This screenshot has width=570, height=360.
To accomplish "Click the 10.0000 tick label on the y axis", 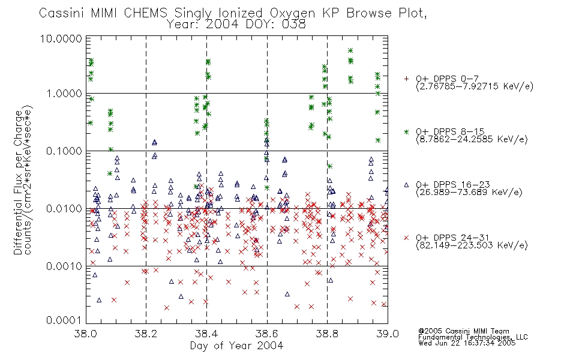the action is coord(61,38).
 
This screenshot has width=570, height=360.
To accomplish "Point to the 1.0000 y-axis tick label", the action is coord(64,94).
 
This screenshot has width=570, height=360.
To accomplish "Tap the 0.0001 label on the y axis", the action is coord(64,320).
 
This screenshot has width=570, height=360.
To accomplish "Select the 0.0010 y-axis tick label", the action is coord(64,266).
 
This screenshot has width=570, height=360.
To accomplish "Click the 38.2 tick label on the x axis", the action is coord(146,334).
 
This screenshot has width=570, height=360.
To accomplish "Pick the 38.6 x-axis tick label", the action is coord(267,334).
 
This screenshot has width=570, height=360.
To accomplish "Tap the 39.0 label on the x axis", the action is coord(388,334).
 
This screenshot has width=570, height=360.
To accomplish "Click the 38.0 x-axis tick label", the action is coord(86,334).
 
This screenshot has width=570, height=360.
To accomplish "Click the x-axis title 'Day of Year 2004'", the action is coord(236,346).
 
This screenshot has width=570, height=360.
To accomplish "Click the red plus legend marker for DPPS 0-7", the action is coord(406,79).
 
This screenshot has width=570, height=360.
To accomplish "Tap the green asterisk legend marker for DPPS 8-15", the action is coord(406,131).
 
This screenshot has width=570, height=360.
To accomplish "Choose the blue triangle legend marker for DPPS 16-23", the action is coord(406,185).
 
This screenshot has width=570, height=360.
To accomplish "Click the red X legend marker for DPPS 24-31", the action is coord(406,238).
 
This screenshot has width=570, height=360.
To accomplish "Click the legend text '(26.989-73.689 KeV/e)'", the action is coord(469,193).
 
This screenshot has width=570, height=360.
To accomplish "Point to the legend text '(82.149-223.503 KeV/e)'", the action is coord(472,245).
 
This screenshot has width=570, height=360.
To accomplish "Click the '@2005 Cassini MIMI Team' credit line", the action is coord(463,331).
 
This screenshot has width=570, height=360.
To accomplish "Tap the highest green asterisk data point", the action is coord(350,50).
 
